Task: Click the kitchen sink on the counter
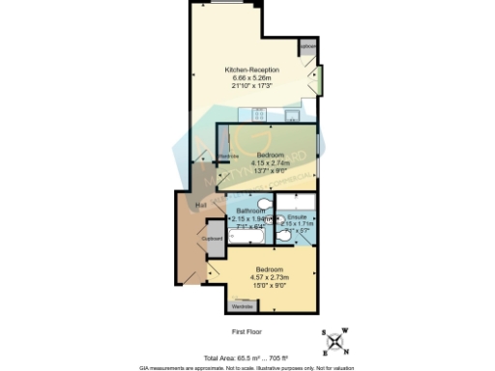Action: [x=289, y=115]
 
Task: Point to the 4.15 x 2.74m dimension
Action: [x=270, y=163]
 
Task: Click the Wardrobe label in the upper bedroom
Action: [x=228, y=157]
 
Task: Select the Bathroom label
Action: [x=250, y=210]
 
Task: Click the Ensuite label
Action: [x=299, y=217]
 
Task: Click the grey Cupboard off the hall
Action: [x=213, y=239]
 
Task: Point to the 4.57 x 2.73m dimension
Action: [x=270, y=277]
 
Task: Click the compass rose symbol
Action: [x=334, y=340]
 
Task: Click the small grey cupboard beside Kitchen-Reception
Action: [x=308, y=47]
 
